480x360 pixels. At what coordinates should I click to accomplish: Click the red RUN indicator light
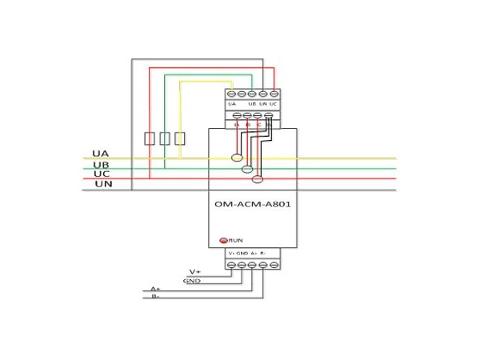tap(224, 240)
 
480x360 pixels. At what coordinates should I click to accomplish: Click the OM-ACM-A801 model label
tap(252, 204)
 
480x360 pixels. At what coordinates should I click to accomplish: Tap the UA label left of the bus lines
tap(100, 153)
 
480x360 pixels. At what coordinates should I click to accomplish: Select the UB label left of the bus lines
tap(101, 165)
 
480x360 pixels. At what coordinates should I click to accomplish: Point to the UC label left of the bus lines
tap(101, 174)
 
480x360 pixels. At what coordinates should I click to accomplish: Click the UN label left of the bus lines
tap(103, 184)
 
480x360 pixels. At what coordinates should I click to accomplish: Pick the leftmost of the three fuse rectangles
tap(150, 138)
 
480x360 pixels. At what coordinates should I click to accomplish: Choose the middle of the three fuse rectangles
tap(165, 138)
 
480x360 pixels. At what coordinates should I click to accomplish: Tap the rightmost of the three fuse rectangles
tap(180, 138)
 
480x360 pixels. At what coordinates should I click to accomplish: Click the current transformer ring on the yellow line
tap(238, 158)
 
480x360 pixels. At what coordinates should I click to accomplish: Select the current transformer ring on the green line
tap(248, 169)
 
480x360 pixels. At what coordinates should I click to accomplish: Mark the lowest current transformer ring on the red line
tap(258, 179)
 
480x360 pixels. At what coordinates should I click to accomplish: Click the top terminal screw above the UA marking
tap(231, 95)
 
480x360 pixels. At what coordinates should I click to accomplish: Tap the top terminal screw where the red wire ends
tap(274, 95)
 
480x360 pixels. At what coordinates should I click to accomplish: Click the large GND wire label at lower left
tap(192, 281)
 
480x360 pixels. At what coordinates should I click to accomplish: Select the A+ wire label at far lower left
tap(156, 289)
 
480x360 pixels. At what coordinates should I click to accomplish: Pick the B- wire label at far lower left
tap(156, 297)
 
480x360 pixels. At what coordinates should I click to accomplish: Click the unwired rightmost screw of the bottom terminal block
tap(274, 264)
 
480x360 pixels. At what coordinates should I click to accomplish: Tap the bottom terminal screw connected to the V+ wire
tap(231, 264)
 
